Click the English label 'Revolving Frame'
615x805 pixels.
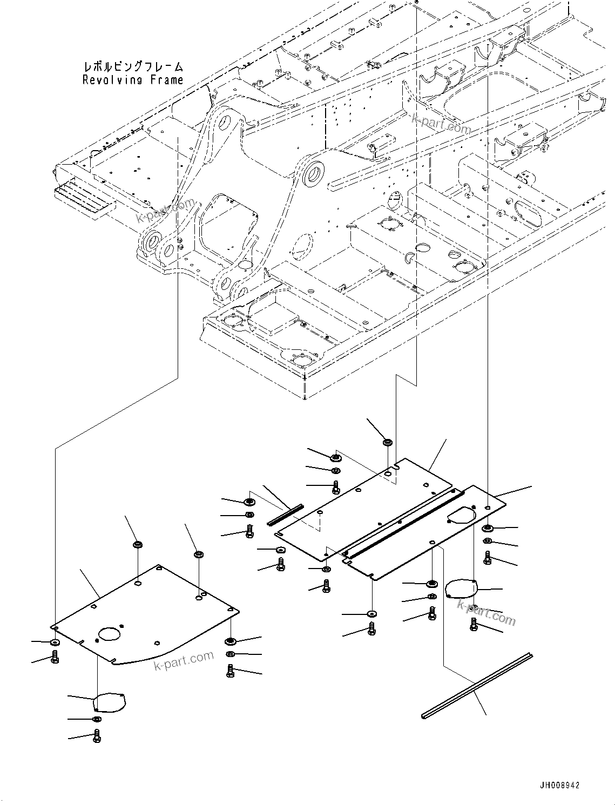[133, 80]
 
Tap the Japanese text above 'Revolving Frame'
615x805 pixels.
[133, 67]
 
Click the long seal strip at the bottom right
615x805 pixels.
[476, 686]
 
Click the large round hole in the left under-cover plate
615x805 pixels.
[110, 634]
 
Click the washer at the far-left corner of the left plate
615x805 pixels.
[55, 642]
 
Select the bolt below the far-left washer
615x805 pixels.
[55, 657]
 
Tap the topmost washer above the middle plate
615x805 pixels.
[387, 443]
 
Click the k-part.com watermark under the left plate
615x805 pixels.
[184, 660]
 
